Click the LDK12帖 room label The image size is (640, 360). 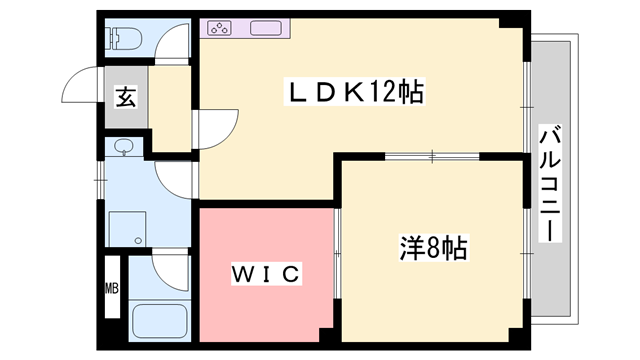pyautogui.click(x=354, y=93)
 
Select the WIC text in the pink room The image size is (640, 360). pyautogui.click(x=266, y=273)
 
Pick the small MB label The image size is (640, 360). pyautogui.click(x=112, y=290)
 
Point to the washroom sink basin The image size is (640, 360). pyautogui.click(x=122, y=148)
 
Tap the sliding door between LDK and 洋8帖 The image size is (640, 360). pyautogui.click(x=432, y=156)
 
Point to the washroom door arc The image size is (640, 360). pyautogui.click(x=176, y=180)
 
